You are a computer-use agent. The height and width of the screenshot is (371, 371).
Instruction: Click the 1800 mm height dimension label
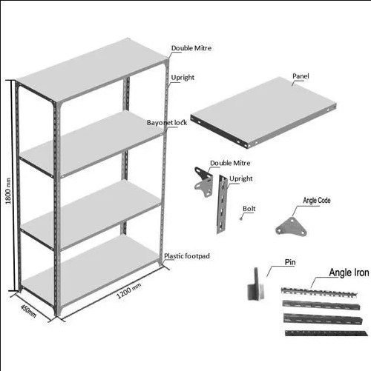pos(8,191)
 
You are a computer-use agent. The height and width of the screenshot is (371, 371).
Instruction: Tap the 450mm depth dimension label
pos(28,311)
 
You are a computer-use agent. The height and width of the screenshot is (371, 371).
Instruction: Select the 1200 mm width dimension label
pos(128,291)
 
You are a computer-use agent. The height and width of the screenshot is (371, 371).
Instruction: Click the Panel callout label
pos(301,76)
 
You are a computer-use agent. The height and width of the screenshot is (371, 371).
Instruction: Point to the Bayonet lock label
pos(167,123)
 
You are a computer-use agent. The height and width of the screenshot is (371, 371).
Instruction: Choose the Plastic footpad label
pos(187,256)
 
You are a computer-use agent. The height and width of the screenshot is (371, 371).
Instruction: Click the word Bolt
pos(249,209)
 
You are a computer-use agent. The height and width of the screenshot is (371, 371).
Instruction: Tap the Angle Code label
pos(317,201)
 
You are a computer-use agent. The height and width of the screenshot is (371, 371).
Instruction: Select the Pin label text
pos(290,262)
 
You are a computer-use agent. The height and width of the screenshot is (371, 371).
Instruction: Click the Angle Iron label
pos(349,273)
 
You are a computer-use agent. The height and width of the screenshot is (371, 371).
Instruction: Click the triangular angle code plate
pos(291,227)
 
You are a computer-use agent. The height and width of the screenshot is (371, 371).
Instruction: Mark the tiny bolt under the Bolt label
pos(241,218)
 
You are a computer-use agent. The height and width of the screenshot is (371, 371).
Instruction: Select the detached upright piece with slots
pos(222,204)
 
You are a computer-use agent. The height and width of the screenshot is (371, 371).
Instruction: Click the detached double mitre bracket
pos(203,181)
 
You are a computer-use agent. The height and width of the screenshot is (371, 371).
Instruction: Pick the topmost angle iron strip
pos(319,291)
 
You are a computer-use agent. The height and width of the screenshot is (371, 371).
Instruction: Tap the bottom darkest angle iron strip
pos(326,333)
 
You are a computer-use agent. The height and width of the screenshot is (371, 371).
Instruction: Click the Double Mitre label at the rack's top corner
pos(191,48)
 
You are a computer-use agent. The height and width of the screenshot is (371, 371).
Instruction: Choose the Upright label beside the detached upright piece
pos(241,178)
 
